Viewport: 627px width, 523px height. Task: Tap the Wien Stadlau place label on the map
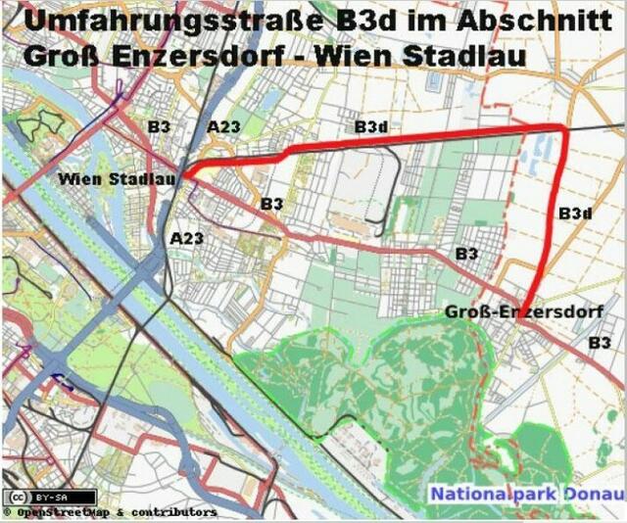click(117, 179)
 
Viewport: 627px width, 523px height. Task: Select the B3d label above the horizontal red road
click(371, 127)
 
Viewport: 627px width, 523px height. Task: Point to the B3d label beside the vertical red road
click(575, 213)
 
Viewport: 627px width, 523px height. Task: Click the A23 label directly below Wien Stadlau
click(186, 238)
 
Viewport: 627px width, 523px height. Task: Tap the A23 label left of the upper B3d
click(223, 126)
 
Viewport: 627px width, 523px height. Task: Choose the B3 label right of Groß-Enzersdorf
click(600, 343)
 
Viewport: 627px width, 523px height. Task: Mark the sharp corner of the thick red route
click(563, 127)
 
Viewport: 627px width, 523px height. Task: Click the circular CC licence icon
click(14, 496)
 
